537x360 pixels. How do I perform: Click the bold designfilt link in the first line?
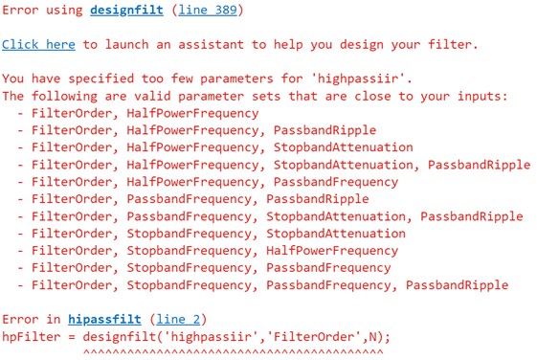tap(126, 11)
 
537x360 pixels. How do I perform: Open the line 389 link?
tap(207, 11)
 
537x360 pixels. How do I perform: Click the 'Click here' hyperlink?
tap(38, 45)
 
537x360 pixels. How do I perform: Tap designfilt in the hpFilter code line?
tap(123, 336)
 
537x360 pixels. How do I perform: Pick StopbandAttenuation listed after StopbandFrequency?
tap(335, 234)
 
